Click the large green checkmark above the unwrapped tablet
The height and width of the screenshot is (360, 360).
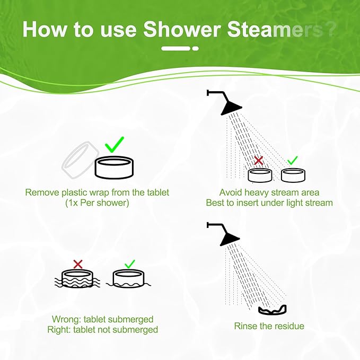coord(115,145)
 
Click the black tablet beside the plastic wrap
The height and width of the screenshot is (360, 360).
coord(115,168)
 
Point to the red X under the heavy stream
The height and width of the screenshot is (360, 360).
coord(259,160)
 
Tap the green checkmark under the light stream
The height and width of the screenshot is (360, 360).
coord(293,160)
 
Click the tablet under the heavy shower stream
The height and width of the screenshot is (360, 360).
coord(260,175)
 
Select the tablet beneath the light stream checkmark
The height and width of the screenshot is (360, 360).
coord(293,175)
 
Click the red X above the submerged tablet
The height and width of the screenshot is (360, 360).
coord(78,264)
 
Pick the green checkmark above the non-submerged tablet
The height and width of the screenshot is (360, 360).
coord(130,264)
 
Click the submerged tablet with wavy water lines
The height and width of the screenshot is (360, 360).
coord(77,279)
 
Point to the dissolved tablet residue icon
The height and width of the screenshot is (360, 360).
coord(273,310)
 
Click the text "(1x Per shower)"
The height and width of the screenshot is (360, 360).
coord(97,203)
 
